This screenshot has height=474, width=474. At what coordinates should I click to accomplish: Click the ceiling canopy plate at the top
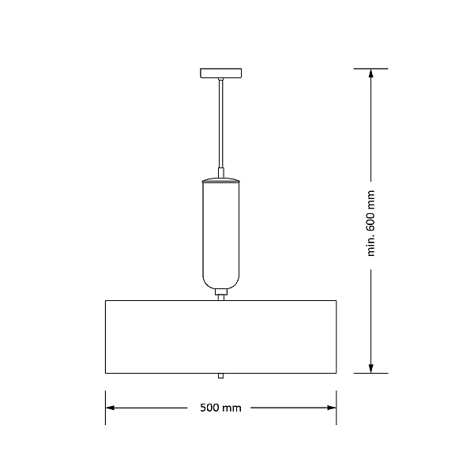[x=220, y=73]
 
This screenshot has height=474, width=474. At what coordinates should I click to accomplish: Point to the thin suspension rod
[x=221, y=124]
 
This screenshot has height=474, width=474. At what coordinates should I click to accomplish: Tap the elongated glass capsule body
[x=221, y=235]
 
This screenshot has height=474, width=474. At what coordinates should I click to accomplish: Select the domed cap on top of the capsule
[x=221, y=180]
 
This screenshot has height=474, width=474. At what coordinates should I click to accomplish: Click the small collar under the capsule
[x=221, y=292]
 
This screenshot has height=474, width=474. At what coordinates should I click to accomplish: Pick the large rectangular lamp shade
[x=221, y=337]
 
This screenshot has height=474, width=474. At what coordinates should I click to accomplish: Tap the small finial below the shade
[x=221, y=376]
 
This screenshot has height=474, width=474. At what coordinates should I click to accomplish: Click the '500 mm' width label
[x=220, y=408]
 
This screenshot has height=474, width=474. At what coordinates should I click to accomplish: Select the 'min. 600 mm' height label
[x=371, y=224]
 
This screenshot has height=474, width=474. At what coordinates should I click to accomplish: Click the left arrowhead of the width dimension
[x=110, y=408]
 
